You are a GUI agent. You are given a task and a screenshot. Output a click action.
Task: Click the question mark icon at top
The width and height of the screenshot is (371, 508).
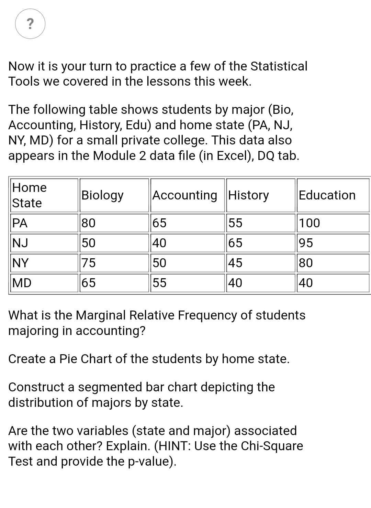click(30, 24)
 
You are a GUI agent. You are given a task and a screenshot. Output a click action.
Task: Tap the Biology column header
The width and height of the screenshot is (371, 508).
click(102, 195)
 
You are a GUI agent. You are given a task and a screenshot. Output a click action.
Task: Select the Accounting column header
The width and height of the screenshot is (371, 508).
click(185, 195)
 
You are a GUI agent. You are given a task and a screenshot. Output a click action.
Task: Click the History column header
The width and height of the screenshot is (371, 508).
click(249, 195)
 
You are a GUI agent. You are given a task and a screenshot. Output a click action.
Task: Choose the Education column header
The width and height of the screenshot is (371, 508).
click(327, 195)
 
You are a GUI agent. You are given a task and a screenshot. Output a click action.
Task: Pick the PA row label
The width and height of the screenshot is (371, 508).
click(20, 223)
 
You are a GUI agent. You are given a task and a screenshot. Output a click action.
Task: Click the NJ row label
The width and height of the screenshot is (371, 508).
click(20, 243)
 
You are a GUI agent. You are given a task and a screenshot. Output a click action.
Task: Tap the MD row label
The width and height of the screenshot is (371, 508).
click(22, 283)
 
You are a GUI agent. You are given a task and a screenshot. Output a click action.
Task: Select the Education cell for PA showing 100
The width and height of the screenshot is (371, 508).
click(310, 223)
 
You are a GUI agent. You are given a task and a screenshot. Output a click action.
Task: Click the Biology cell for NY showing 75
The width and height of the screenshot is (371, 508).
click(89, 263)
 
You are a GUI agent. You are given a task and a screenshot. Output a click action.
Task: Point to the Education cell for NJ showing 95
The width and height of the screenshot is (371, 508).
click(306, 243)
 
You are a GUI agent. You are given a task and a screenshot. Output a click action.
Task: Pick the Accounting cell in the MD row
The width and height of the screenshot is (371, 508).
click(159, 283)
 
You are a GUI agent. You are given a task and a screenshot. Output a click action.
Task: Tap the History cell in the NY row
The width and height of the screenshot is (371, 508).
click(235, 263)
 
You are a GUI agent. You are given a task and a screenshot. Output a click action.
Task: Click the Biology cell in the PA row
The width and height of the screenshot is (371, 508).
click(89, 223)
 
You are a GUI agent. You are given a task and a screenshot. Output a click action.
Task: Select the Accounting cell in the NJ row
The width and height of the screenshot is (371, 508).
click(159, 243)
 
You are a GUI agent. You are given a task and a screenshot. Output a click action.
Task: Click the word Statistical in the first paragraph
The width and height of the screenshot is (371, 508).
click(279, 66)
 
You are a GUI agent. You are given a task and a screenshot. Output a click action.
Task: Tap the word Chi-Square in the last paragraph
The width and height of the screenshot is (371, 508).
click(272, 446)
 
